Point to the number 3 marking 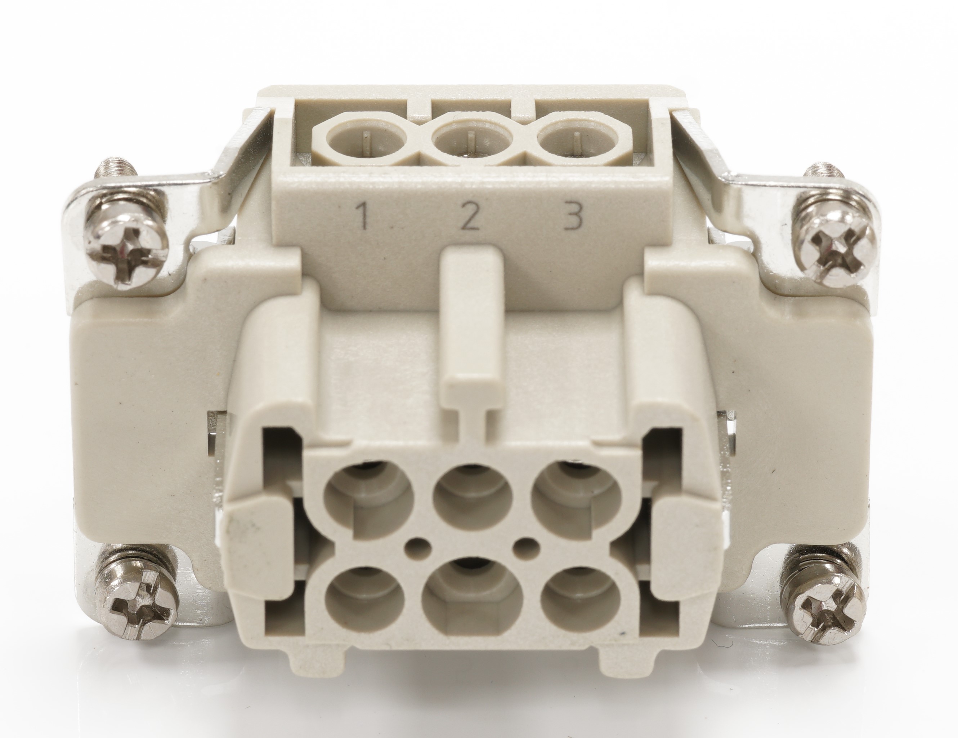tap(574, 216)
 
